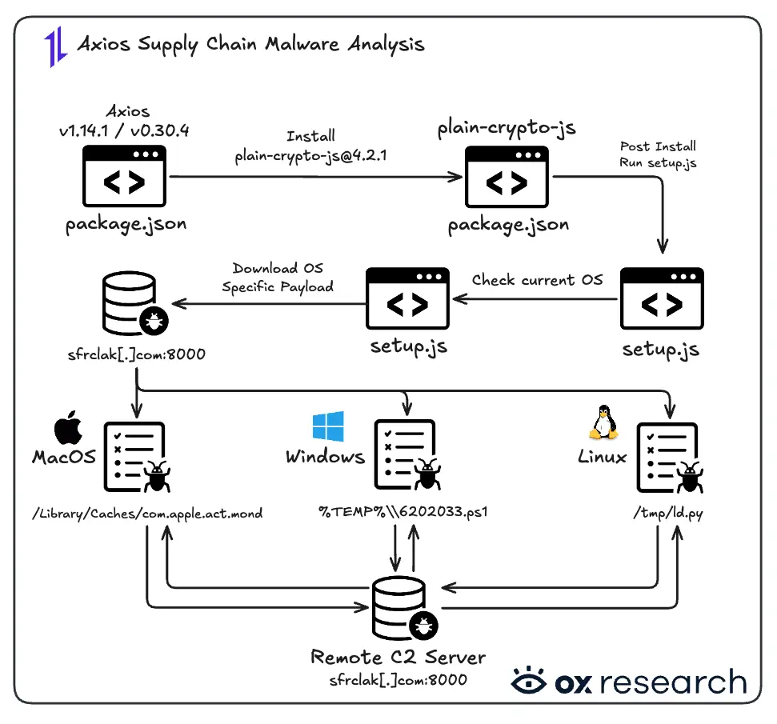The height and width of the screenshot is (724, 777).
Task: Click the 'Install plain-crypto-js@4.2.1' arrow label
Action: [310, 146]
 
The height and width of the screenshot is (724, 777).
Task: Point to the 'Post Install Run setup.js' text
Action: [658, 154]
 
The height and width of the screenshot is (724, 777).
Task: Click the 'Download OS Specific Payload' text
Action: [278, 278]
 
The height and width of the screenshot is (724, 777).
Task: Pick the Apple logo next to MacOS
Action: [70, 430]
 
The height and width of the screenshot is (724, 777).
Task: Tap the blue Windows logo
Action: [329, 426]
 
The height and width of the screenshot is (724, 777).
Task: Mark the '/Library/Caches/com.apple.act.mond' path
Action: [146, 513]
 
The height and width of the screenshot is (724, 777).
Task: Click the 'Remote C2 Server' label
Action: [398, 658]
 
